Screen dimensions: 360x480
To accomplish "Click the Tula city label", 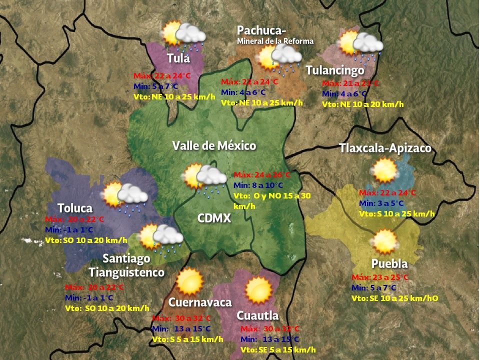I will coord(178,58).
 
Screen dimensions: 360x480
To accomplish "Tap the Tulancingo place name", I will coord(334,70).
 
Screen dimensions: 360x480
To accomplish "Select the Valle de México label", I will coord(214,146).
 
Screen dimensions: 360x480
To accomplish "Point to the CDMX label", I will coord(214,218).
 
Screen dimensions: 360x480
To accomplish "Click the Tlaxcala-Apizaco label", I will coord(385,148).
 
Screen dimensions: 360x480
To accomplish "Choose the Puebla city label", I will coord(389,264).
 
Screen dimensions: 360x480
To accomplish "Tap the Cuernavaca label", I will coord(200,302).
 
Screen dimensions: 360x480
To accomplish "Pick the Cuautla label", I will coord(257,316).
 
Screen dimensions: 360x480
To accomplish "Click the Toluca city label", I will coord(75,208).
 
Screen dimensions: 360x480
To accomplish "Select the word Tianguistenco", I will coord(126,272).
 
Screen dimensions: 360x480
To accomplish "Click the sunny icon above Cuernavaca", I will coord(189,281).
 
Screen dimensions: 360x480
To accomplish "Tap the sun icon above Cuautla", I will coord(258,290).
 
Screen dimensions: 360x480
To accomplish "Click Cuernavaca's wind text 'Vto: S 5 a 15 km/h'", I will coord(187,339).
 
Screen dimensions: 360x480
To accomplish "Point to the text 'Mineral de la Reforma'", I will coord(275,41).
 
